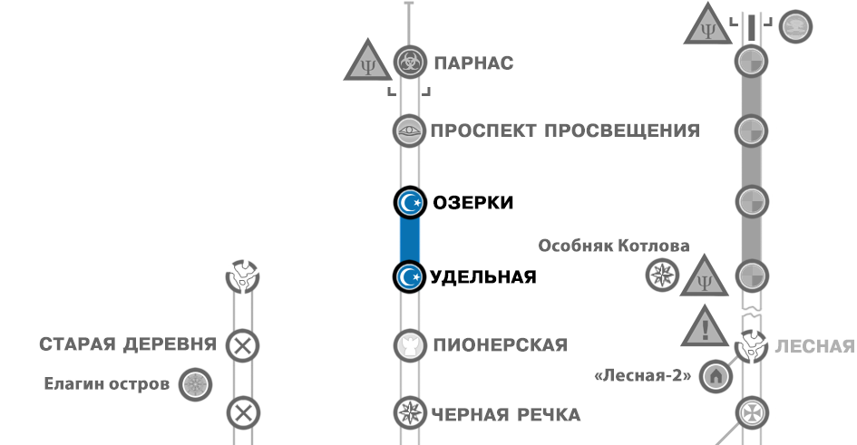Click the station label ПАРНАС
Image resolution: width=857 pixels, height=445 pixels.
tap(473, 63)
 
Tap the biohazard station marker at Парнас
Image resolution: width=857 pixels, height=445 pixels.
tap(410, 63)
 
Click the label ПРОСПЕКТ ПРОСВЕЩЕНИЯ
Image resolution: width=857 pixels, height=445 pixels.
tap(565, 131)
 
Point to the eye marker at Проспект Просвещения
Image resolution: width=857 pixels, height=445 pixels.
tap(410, 131)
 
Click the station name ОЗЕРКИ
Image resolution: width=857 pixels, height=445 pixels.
tap(472, 202)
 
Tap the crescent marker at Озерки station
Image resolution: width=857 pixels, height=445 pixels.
tap(410, 203)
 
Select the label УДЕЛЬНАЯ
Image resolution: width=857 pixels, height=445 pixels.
tap(484, 276)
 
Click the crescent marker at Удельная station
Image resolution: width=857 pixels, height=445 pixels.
tap(410, 276)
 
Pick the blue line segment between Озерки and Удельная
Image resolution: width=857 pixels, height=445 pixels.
tap(410, 240)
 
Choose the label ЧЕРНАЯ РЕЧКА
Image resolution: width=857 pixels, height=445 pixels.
tap(506, 414)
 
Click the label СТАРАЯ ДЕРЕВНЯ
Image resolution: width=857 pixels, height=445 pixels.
tap(128, 344)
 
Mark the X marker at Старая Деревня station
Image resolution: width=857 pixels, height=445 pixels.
tap(242, 345)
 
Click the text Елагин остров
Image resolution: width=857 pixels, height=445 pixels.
tap(107, 383)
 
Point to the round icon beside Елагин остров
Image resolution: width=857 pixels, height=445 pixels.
tap(194, 384)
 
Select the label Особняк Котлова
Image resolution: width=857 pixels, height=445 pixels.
tap(614, 246)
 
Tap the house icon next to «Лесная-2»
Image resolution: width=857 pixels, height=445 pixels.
tap(715, 375)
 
